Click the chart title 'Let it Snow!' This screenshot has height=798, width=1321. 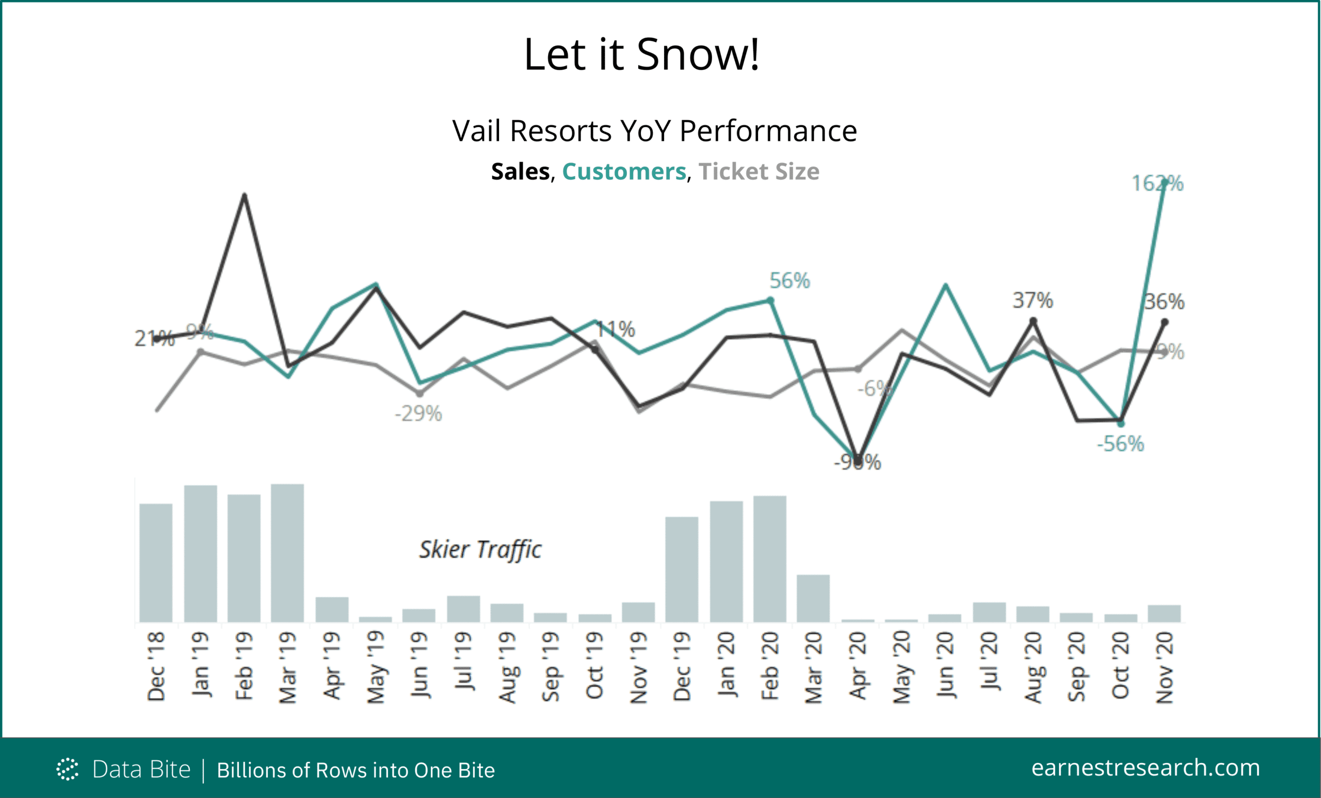tap(641, 55)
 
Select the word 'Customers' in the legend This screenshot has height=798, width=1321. tap(623, 171)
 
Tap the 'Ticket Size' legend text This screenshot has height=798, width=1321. tap(759, 171)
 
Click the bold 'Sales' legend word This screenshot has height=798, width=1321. tap(520, 171)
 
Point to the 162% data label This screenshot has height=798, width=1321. tap(1157, 184)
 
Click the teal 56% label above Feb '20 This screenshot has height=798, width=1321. tap(789, 281)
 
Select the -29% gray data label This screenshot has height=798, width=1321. tap(418, 414)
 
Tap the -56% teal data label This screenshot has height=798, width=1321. tap(1120, 444)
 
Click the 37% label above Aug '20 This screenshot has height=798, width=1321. tap(1033, 301)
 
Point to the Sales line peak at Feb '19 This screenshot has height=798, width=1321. tap(245, 195)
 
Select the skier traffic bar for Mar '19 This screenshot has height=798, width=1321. tap(287, 552)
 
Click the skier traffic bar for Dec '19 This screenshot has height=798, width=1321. tap(682, 569)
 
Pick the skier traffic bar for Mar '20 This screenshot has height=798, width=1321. tap(813, 598)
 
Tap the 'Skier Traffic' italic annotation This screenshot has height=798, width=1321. tap(480, 550)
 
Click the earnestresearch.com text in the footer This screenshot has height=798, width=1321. tap(1145, 768)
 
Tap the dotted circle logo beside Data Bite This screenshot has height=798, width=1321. tap(67, 769)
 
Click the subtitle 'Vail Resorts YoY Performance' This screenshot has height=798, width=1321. tap(654, 131)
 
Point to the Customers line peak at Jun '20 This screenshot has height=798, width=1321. tap(945, 285)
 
